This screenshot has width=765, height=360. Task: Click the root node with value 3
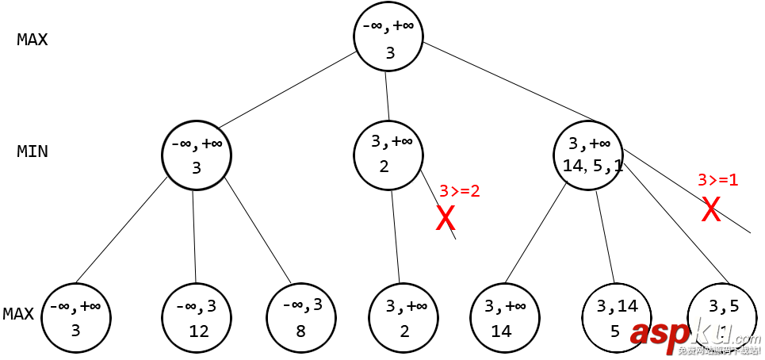coord(389,39)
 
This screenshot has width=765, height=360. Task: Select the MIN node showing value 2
coord(389,155)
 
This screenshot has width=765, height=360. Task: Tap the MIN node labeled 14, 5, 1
coord(588,155)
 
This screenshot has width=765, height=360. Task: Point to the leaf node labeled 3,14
coord(615,317)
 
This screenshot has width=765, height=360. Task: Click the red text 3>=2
coord(460,190)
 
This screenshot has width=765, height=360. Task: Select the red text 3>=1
coord(717,180)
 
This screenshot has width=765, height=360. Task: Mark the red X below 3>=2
coord(446,218)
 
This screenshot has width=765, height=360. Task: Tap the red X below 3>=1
coord(711,209)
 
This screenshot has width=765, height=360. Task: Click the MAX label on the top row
coord(33,40)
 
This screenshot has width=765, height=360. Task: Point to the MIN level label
coord(33,151)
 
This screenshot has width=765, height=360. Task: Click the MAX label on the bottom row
coord(18,314)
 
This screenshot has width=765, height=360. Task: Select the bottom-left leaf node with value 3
coord(76,317)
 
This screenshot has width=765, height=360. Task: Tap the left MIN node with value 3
coord(196,155)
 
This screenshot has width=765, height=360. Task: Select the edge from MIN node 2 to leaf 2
coord(396,236)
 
